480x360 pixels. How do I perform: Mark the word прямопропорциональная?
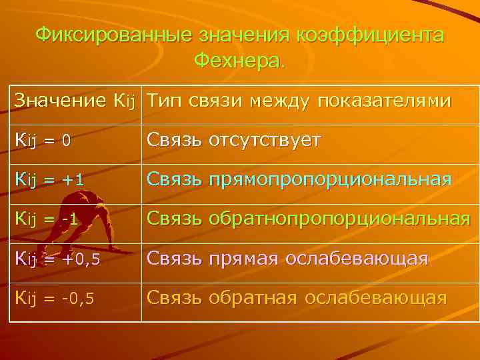[x=329, y=180]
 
